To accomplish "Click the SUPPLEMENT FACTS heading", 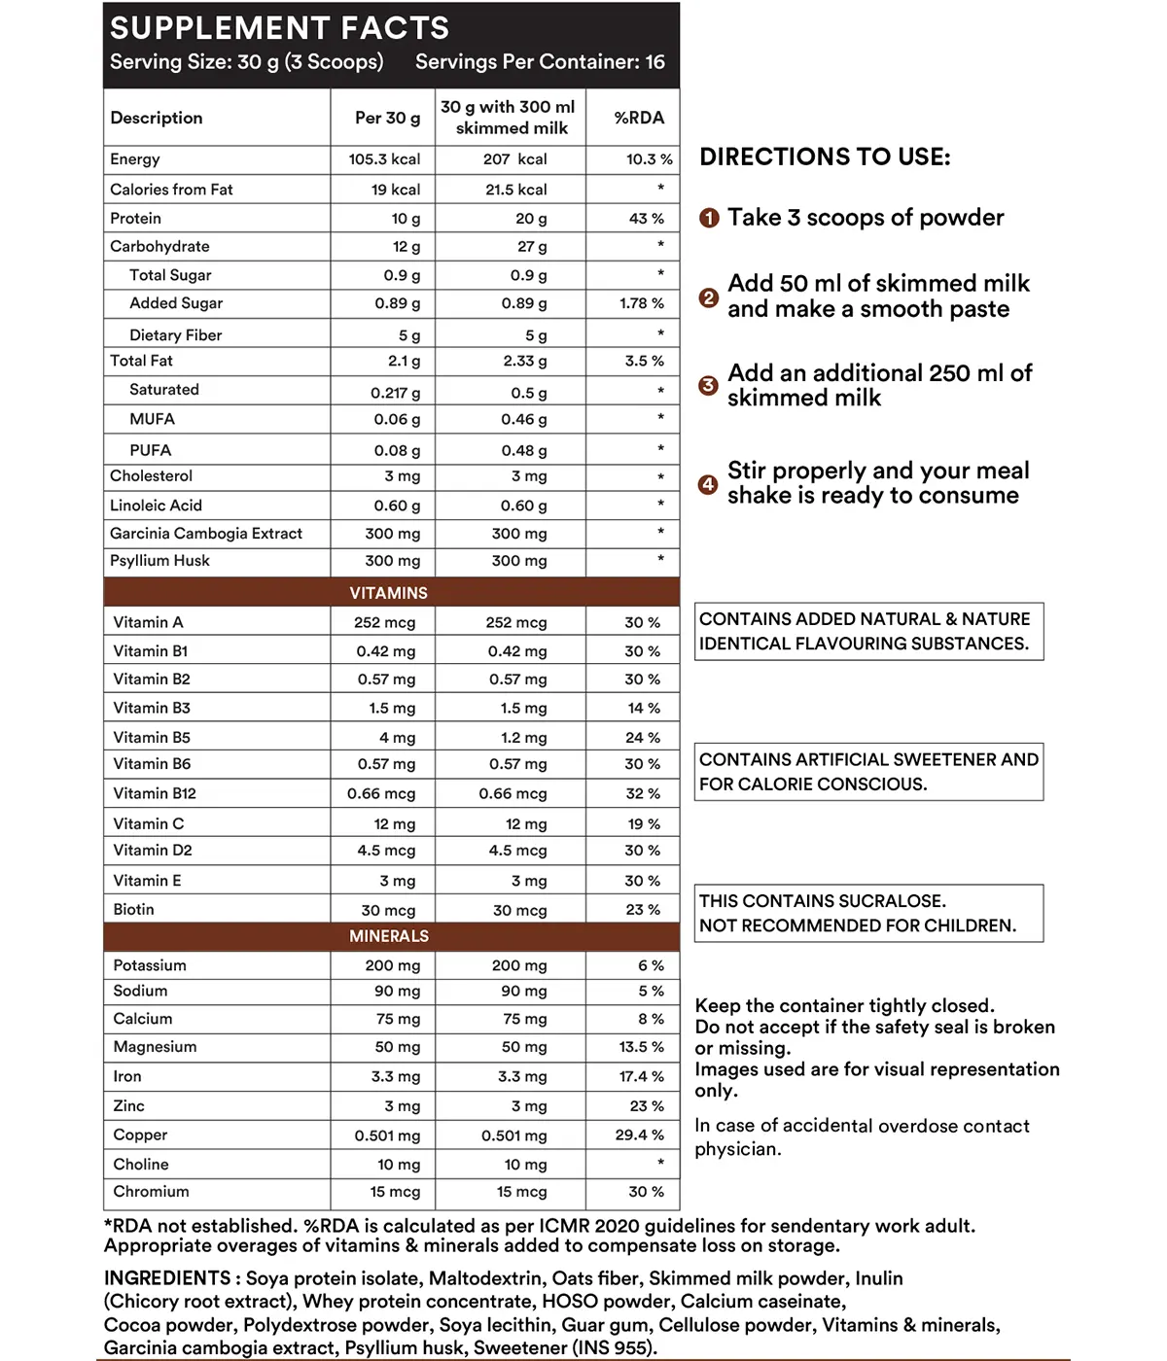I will (x=279, y=28).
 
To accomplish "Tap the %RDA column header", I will (x=639, y=118).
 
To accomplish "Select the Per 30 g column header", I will (x=387, y=118).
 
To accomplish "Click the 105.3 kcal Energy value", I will (x=384, y=159).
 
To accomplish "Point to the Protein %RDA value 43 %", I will (x=646, y=219).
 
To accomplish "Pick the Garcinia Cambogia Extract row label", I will (x=206, y=534).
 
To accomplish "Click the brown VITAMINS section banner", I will (x=389, y=592).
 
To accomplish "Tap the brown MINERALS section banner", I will (x=389, y=936).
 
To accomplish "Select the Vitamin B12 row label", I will (x=155, y=793).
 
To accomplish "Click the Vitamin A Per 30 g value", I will (x=384, y=623).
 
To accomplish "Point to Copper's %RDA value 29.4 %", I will (x=640, y=1135).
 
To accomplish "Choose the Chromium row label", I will (x=151, y=1192).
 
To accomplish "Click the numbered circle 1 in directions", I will (x=709, y=219).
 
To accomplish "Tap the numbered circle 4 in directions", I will (x=708, y=484).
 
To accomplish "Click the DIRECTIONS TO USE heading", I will (x=825, y=157).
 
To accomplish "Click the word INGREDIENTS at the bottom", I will (x=167, y=1278).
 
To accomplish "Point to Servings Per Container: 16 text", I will (x=540, y=62).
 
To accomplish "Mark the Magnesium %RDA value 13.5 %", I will (x=641, y=1047).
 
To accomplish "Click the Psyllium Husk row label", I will (x=159, y=561).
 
